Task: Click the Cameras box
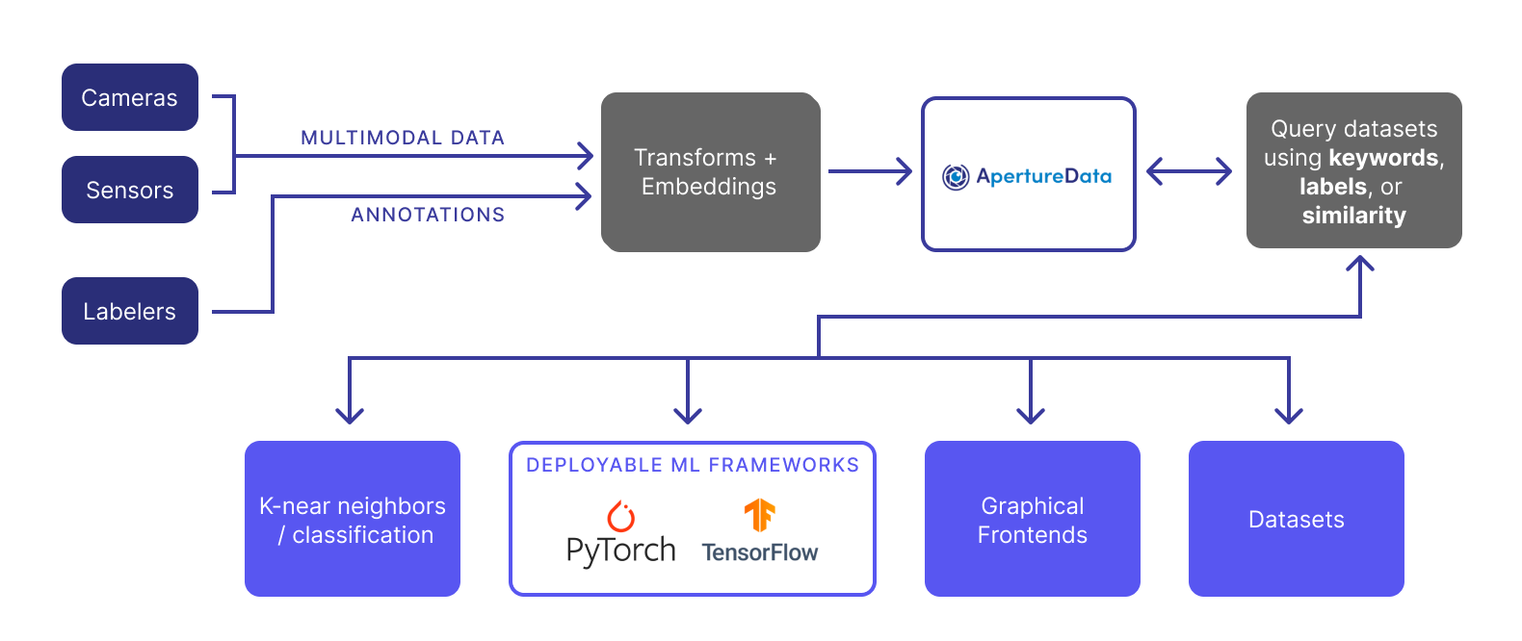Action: (x=130, y=97)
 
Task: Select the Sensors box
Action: (x=130, y=190)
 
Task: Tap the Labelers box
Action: (x=130, y=311)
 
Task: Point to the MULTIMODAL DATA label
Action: (x=403, y=138)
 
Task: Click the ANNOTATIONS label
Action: (x=428, y=215)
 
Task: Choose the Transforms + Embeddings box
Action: (x=710, y=172)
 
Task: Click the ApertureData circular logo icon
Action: (x=956, y=176)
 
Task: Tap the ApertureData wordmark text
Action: (x=1043, y=176)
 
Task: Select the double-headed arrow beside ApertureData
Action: (x=1189, y=172)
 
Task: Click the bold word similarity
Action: (x=1353, y=216)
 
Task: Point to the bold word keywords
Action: (x=1384, y=158)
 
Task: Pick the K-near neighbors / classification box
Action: (x=353, y=519)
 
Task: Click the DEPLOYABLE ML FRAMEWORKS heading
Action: (x=692, y=465)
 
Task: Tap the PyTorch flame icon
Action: (x=621, y=517)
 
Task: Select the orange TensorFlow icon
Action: (x=759, y=516)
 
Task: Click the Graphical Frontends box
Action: (x=1033, y=519)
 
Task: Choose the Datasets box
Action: (x=1297, y=519)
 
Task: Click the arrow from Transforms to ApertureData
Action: (x=870, y=172)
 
